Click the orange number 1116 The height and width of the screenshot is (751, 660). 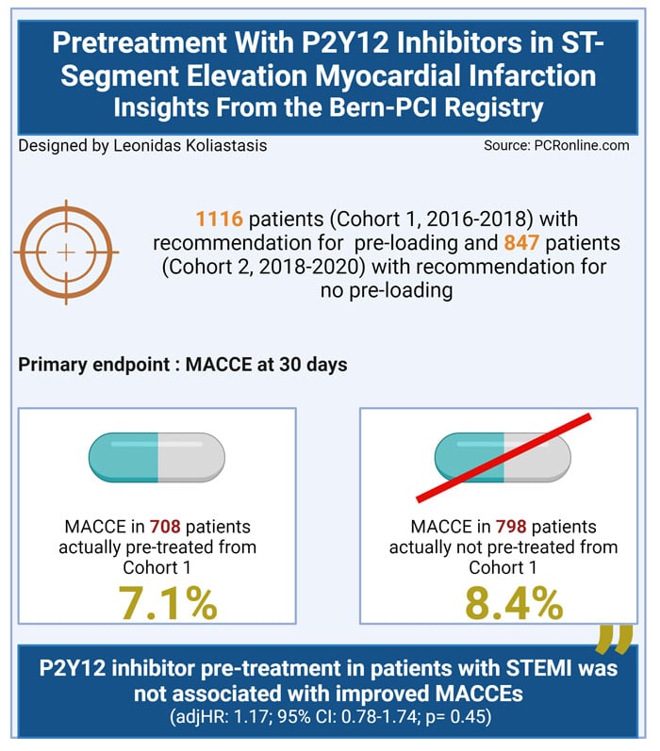(x=219, y=220)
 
